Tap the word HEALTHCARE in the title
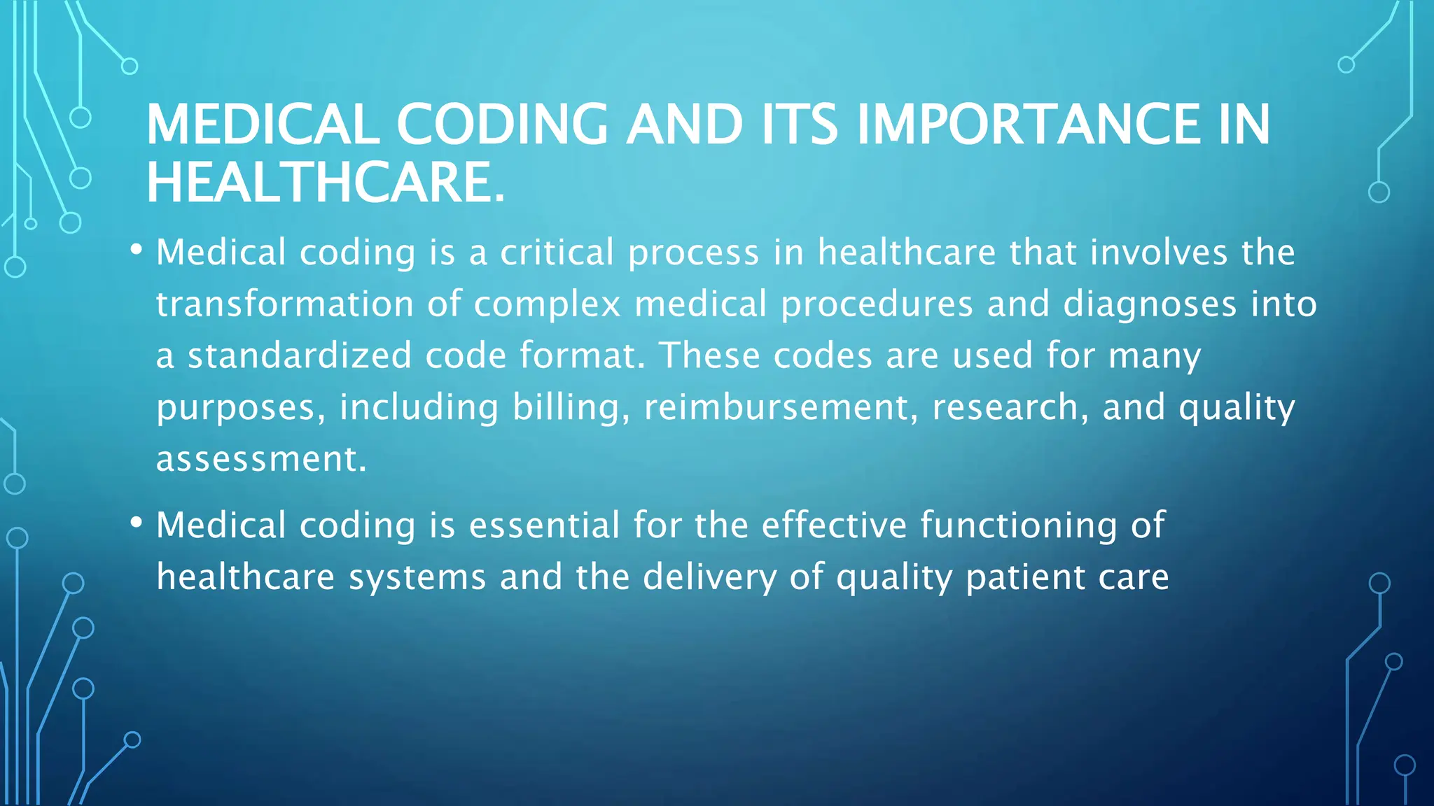(x=325, y=183)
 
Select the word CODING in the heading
(x=502, y=125)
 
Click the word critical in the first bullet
(x=557, y=253)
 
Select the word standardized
(x=299, y=355)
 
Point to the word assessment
(x=260, y=460)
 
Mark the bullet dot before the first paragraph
(x=136, y=249)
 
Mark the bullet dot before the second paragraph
(x=136, y=522)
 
